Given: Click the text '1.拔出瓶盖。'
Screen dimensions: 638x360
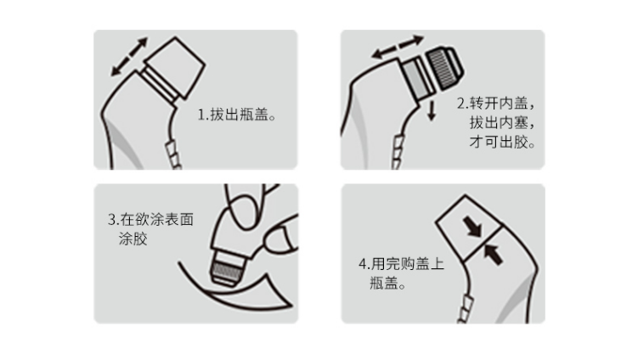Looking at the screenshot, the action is click(237, 115).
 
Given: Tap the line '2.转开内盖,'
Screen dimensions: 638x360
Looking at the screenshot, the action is click(495, 104).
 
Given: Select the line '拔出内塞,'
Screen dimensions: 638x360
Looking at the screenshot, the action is click(502, 122).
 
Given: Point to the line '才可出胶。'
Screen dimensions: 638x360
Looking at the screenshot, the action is click(502, 142).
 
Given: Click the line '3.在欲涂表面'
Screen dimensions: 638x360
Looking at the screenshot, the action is click(150, 220).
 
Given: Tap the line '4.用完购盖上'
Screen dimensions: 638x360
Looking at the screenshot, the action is click(401, 264).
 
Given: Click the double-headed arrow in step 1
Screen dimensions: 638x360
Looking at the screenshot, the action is click(129, 57).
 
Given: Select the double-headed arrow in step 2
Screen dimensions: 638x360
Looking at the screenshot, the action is click(398, 47).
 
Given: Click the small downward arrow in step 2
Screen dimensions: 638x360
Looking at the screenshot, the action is click(432, 110).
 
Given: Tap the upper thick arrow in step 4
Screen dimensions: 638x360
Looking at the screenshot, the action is click(472, 227).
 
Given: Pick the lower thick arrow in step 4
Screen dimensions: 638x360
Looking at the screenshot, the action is click(493, 254).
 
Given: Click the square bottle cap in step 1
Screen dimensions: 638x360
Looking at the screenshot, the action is click(175, 68).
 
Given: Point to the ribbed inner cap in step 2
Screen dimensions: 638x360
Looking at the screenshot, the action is click(444, 68).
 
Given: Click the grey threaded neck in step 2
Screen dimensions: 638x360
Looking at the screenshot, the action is click(415, 77).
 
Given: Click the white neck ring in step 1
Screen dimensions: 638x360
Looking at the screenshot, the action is click(161, 87).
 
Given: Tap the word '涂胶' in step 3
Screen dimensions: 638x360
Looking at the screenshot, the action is click(133, 239).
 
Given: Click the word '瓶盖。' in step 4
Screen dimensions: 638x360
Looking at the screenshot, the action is click(387, 283).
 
